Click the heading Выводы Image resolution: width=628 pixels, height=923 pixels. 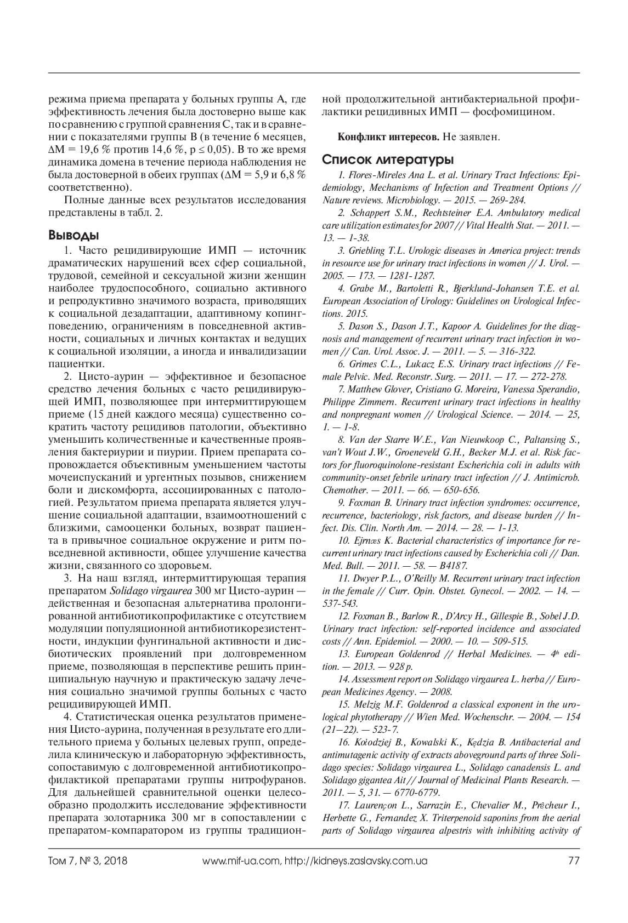pyautogui.click(x=73, y=236)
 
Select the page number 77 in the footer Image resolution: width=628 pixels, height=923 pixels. pyautogui.click(x=574, y=861)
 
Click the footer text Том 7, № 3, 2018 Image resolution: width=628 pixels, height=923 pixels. pyautogui.click(x=88, y=861)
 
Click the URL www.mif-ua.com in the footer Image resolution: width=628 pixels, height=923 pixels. pyautogui.click(x=241, y=861)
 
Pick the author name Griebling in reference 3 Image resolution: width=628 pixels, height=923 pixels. pyautogui.click(x=367, y=251)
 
